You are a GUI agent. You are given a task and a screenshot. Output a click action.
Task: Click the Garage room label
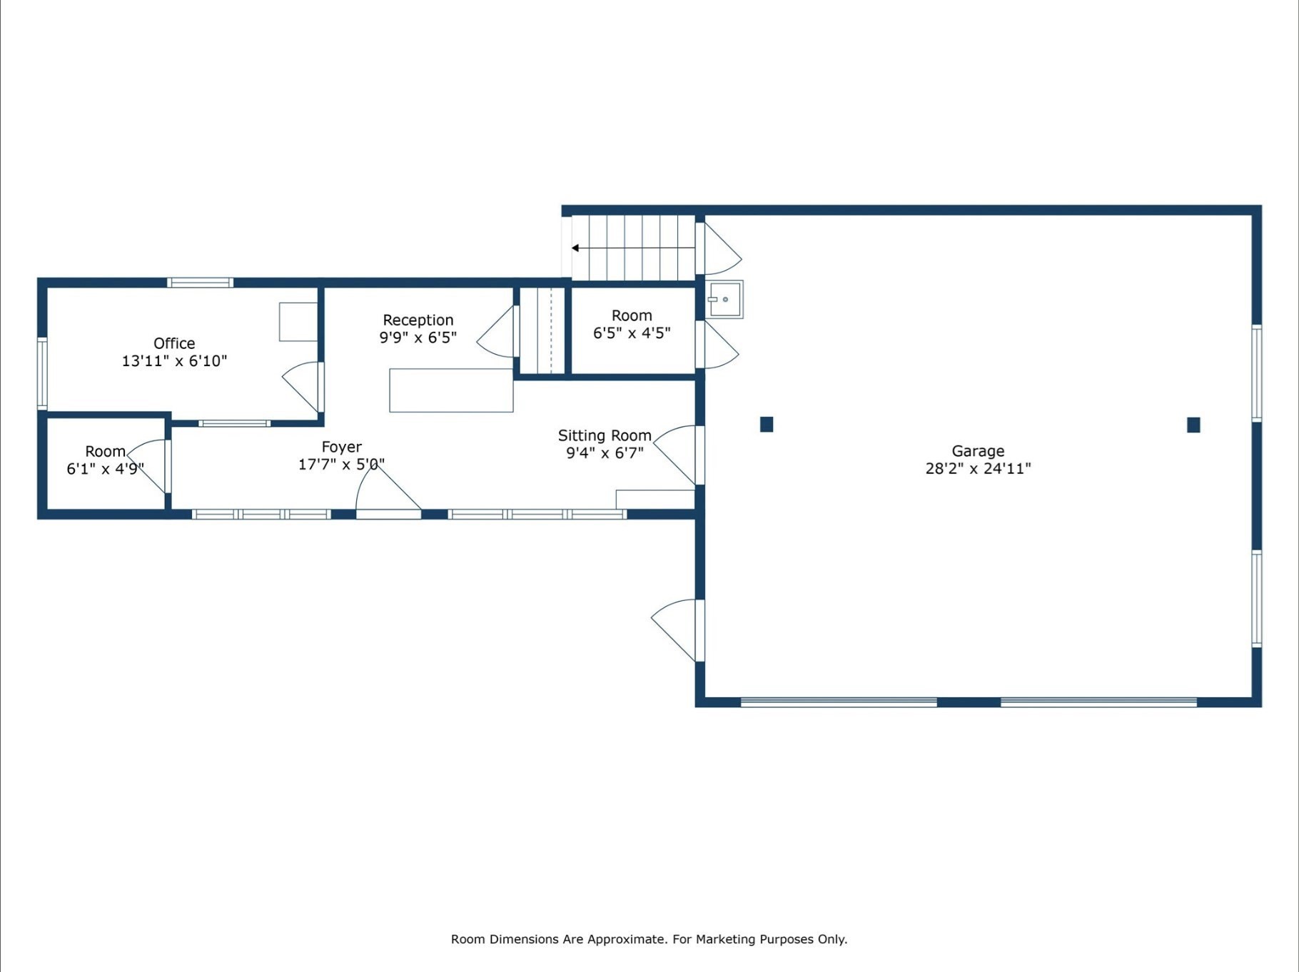pos(978,451)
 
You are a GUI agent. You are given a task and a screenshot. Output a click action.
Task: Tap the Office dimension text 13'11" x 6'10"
pos(174,361)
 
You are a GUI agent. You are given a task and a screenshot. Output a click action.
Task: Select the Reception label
pos(418,320)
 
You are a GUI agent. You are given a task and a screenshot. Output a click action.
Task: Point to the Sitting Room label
pos(605,435)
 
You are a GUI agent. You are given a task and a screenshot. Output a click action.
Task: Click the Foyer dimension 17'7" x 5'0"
pos(341,465)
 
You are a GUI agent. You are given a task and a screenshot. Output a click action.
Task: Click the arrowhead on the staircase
pos(575,248)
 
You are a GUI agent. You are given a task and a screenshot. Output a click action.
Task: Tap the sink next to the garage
pos(724,300)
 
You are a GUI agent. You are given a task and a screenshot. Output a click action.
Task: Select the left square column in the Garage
pos(767,425)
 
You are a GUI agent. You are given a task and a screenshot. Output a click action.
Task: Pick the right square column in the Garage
pos(1193,425)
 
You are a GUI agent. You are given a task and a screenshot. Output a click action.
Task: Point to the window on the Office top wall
pos(200,283)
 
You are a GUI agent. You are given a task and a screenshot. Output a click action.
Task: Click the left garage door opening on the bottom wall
pos(839,702)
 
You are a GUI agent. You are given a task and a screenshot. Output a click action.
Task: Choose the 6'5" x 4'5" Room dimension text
pos(632,333)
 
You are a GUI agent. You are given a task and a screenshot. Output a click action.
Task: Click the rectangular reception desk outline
pos(451,390)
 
